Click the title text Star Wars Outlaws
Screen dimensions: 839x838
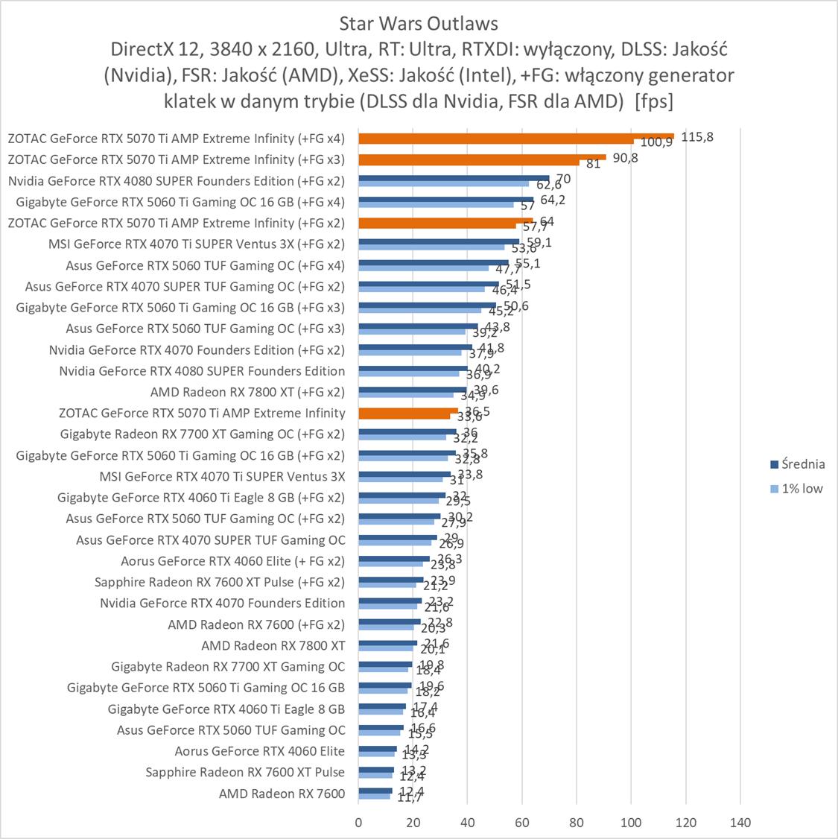[x=419, y=24]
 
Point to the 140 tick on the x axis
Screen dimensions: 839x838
[x=740, y=823]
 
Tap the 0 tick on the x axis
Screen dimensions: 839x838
[x=358, y=823]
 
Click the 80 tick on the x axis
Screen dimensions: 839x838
[x=577, y=823]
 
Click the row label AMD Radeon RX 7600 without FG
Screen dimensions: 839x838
[x=282, y=794]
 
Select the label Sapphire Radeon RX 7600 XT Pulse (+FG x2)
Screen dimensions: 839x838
[x=220, y=582]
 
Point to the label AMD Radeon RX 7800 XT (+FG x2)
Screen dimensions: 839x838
[x=247, y=392]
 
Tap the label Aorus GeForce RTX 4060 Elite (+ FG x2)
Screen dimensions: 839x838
[x=232, y=561]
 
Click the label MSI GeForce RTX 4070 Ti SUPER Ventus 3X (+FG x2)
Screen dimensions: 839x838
[x=197, y=244]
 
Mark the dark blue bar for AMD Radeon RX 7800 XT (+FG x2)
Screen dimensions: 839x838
[x=412, y=389]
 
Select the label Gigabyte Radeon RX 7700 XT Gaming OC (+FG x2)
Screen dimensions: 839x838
[x=203, y=434]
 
